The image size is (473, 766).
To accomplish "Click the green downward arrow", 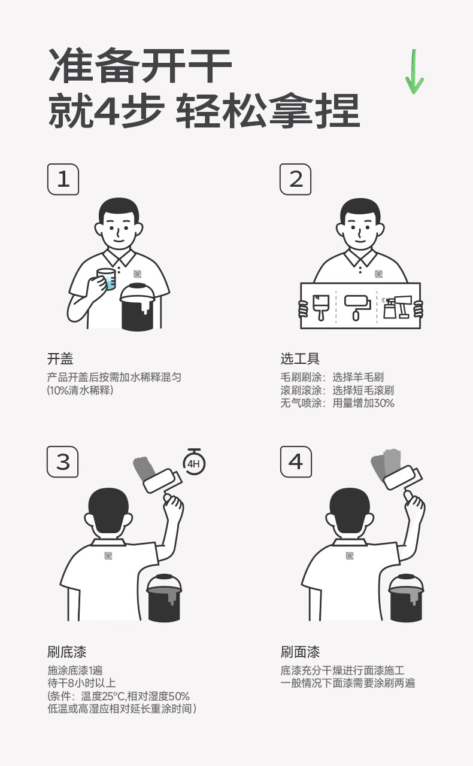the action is click(414, 71).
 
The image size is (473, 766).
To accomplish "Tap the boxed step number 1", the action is click(63, 179).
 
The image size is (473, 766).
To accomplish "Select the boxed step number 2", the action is click(296, 179).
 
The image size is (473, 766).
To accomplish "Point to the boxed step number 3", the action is click(63, 461).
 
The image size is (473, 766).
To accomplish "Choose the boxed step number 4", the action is click(296, 461).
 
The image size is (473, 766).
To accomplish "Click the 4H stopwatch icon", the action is click(194, 461).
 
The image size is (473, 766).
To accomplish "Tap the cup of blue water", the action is click(107, 279).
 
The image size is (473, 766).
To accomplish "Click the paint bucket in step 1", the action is click(138, 307).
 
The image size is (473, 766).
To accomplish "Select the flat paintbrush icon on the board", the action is click(321, 307).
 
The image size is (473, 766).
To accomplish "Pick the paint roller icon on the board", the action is click(357, 307).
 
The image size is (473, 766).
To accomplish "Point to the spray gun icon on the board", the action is click(397, 307).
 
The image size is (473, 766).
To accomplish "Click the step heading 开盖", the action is click(60, 358).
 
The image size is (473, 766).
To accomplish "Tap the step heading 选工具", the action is click(300, 358).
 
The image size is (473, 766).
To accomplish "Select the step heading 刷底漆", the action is click(66, 652).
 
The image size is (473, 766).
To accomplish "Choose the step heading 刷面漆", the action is click(300, 652).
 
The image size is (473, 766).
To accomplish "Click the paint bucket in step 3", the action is click(164, 597).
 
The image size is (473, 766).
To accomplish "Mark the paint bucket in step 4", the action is click(407, 597).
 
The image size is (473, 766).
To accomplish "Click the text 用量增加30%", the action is click(363, 403).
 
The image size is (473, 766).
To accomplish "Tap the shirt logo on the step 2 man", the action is click(378, 274).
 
